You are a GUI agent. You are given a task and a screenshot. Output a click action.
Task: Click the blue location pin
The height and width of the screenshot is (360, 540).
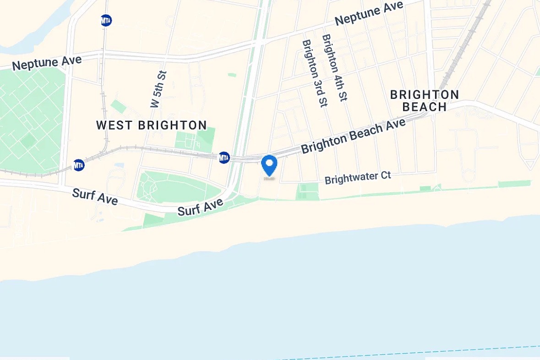(269, 165)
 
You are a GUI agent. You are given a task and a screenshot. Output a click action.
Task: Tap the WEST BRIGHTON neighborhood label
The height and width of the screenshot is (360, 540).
(152, 125)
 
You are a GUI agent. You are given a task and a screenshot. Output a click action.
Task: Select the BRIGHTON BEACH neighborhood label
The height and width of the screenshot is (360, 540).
(424, 101)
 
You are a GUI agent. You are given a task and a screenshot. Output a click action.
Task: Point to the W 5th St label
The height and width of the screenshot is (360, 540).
(158, 89)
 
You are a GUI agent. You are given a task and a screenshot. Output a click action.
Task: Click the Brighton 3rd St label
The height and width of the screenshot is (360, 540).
(314, 73)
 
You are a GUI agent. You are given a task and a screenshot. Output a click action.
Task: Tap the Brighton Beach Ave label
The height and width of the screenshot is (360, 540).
(353, 136)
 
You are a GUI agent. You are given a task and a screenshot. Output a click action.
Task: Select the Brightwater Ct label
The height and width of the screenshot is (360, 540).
(358, 178)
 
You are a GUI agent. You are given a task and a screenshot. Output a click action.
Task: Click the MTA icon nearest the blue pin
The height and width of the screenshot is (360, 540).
(224, 158)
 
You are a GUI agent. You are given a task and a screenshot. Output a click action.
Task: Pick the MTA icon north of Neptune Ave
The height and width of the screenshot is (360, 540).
(106, 20)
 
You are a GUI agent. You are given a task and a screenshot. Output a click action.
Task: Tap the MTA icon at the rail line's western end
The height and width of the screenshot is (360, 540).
(79, 165)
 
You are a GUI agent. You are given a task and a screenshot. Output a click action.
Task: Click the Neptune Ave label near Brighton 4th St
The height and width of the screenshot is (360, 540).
(369, 13)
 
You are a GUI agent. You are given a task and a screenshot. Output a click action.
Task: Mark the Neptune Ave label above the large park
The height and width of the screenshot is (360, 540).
(47, 63)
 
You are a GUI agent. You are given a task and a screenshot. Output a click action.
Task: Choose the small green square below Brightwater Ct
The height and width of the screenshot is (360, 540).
(308, 191)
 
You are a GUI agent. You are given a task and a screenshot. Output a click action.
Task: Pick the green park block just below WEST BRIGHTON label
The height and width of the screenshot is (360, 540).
(196, 140)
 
